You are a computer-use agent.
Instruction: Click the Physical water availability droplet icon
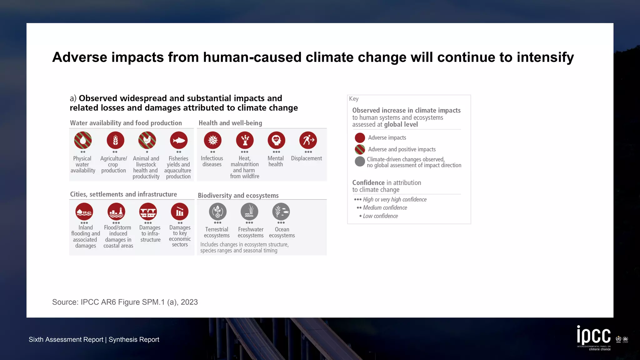click(x=83, y=140)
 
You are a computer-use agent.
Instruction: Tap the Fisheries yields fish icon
click(x=179, y=140)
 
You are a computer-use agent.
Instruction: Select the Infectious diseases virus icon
click(x=212, y=140)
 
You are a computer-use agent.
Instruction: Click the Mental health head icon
click(x=276, y=140)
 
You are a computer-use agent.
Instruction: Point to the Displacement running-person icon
click(x=308, y=140)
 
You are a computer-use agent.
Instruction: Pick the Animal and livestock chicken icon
click(x=147, y=140)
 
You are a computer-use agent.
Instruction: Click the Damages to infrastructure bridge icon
click(x=148, y=212)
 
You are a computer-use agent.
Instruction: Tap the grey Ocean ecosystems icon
click(x=281, y=212)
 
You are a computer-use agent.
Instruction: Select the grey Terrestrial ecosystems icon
click(x=217, y=212)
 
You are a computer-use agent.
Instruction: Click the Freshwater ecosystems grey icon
click(x=249, y=212)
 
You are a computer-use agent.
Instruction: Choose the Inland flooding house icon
click(x=84, y=212)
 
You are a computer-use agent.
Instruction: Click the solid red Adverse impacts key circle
click(x=360, y=138)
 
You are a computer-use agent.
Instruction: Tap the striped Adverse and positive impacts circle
click(x=360, y=149)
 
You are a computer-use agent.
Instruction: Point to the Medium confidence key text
click(x=385, y=208)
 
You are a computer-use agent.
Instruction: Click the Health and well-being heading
click(x=230, y=123)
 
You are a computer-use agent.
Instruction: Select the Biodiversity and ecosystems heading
click(x=238, y=196)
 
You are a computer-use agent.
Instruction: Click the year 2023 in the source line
click(x=189, y=302)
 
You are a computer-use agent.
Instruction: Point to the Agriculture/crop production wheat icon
click(x=115, y=140)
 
